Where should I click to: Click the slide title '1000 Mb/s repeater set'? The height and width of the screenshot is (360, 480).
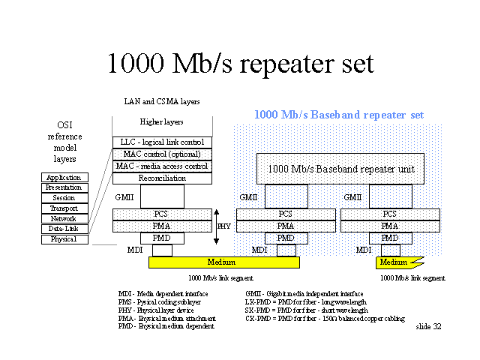coord(240,63)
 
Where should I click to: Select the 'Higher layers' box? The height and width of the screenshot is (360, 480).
coord(162,121)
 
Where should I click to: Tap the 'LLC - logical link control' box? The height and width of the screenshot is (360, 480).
coord(162,142)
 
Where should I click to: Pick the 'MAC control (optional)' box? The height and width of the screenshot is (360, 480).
coord(162,154)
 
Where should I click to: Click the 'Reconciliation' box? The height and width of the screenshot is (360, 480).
coord(162,178)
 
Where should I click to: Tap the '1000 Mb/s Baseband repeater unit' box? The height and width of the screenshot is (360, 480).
coord(340,169)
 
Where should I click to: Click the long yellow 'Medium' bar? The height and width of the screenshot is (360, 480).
coord(224,262)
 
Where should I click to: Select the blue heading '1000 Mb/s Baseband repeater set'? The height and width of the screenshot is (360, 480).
coord(339,115)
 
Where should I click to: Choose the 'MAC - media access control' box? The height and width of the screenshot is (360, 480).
coord(162,166)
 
